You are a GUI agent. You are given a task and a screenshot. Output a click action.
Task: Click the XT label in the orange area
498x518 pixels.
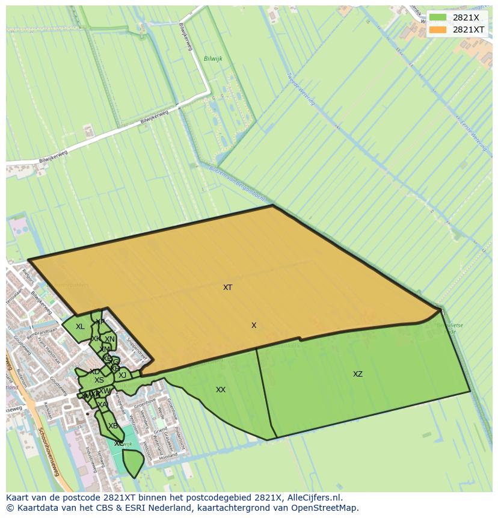click(x=227, y=288)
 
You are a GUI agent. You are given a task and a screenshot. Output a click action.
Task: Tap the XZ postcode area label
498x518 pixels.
click(x=358, y=374)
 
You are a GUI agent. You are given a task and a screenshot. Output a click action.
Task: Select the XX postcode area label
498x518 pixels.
click(x=221, y=390)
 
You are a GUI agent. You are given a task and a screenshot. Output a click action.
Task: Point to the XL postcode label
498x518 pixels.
click(x=80, y=327)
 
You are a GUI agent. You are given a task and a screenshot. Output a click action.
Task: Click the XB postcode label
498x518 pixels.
click(x=113, y=426)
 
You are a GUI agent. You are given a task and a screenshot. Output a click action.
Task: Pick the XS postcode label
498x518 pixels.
click(x=99, y=380)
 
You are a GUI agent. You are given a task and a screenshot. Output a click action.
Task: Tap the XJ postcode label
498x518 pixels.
click(x=123, y=375)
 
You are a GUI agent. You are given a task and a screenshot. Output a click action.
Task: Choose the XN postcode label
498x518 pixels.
click(x=110, y=339)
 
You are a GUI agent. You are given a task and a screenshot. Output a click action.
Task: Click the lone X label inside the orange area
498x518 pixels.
click(x=254, y=325)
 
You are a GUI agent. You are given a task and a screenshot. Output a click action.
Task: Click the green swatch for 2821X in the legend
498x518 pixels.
click(x=438, y=18)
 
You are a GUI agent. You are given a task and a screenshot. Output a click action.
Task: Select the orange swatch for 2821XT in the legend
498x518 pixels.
click(x=438, y=29)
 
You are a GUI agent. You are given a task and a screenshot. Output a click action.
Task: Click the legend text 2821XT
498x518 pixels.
click(x=469, y=29)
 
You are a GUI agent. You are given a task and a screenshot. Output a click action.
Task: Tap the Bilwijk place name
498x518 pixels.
click(x=213, y=59)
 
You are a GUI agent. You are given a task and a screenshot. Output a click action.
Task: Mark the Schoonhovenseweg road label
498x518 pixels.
click(x=48, y=452)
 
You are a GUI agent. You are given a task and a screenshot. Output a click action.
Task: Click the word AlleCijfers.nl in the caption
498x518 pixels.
click(x=312, y=498)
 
